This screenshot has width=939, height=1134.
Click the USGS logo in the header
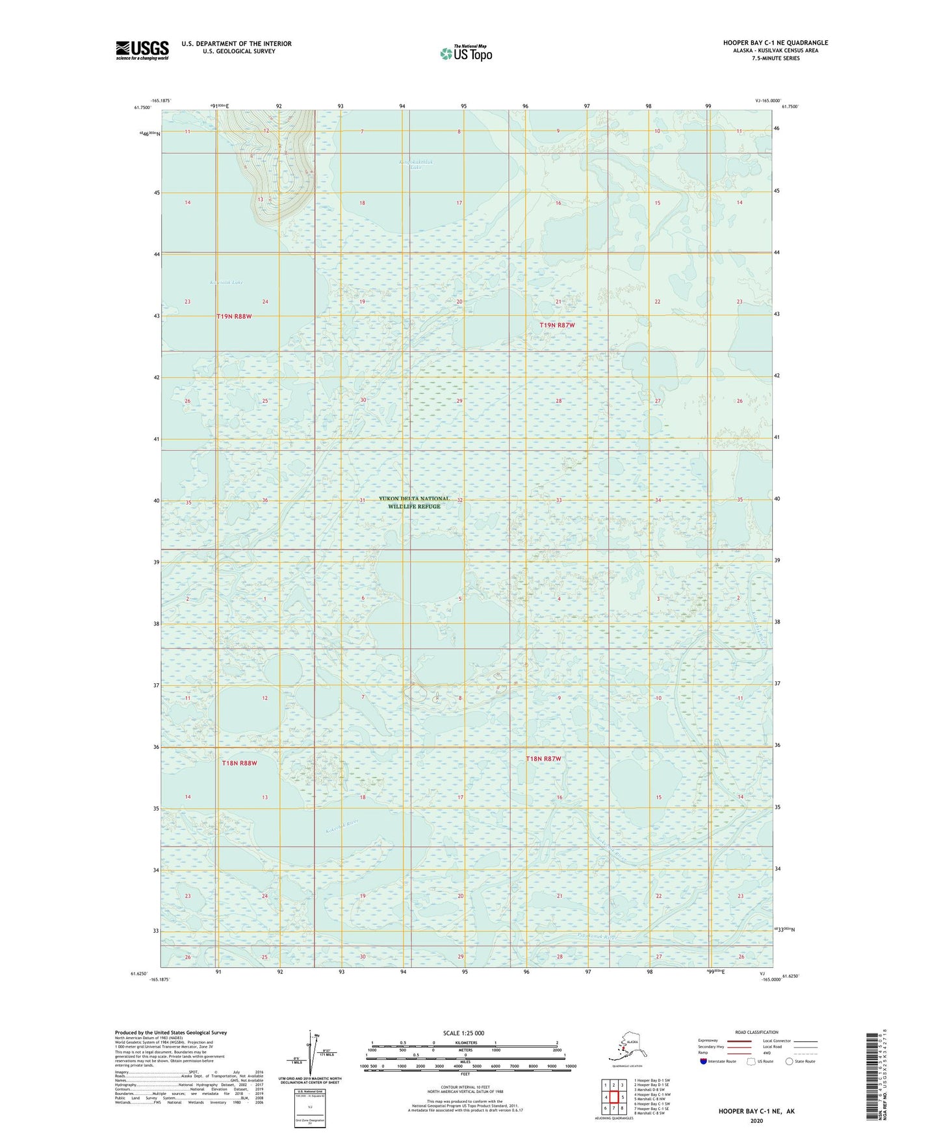[142, 50]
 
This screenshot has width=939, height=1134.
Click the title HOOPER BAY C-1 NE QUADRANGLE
[775, 43]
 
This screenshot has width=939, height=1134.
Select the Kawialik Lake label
[226, 283]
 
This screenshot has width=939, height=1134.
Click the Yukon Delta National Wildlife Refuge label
[414, 503]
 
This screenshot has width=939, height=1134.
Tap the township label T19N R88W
[234, 316]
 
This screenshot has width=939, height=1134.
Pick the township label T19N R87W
[557, 325]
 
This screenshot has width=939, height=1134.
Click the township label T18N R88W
[239, 763]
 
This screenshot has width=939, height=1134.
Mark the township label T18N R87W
[543, 759]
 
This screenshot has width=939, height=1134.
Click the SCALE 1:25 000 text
[463, 1033]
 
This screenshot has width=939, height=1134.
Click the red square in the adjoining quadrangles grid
[613, 1098]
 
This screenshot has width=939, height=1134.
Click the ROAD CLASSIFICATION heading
[756, 1032]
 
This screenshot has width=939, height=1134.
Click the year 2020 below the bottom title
[756, 1120]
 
